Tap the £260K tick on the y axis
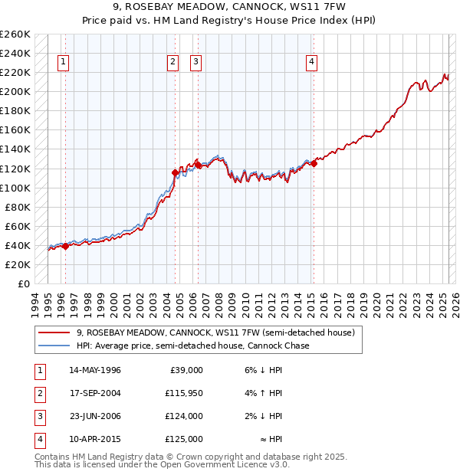point(15,34)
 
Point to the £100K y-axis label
point(15,188)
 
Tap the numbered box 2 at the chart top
point(174,63)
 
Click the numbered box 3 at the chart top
point(196,63)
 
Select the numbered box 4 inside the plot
point(312,63)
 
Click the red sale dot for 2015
point(314,163)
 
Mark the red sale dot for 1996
point(65,246)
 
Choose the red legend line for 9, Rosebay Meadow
point(54,333)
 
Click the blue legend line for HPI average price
point(54,346)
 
